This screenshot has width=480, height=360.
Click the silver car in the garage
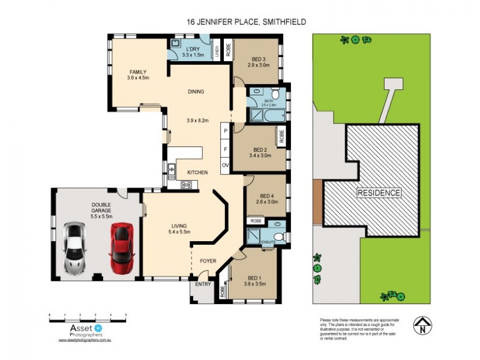point(74,247)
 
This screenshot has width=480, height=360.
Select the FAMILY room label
point(137,72)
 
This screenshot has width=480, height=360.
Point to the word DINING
point(196,92)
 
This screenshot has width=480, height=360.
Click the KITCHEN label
point(197,172)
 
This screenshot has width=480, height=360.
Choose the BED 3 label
point(259,59)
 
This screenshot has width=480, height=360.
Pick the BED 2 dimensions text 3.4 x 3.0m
point(260,155)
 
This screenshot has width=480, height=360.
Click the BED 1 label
point(254,278)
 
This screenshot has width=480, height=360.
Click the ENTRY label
point(203,284)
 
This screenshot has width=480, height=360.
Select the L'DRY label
point(193,49)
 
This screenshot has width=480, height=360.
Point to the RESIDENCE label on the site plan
point(379,193)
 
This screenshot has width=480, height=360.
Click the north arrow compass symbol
point(422,325)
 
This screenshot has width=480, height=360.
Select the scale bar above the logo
point(88,315)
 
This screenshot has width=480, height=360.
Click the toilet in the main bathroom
point(275,94)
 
